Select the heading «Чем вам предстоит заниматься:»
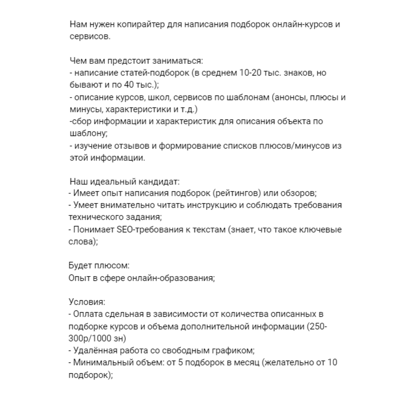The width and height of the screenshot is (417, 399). [x=136, y=61]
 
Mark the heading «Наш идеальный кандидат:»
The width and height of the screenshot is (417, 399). [x=125, y=182]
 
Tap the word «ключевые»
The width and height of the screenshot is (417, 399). [x=322, y=230]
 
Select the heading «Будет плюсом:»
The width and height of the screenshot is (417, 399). [x=99, y=266]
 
